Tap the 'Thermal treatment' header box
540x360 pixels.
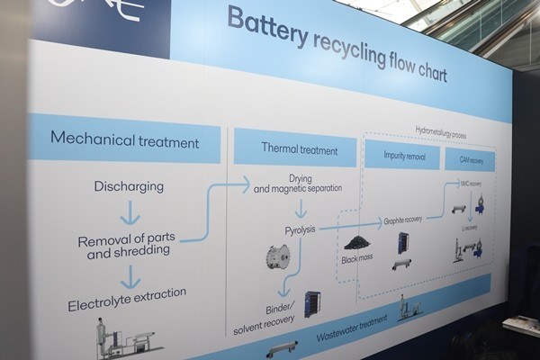point(298,148)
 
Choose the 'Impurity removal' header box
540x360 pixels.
point(401,156)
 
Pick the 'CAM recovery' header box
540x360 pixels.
point(470,160)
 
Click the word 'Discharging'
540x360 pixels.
point(129,187)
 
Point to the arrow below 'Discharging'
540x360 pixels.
point(130,213)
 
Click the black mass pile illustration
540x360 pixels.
point(357,242)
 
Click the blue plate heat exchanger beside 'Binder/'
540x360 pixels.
point(311,302)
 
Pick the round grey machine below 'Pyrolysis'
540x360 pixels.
point(277,256)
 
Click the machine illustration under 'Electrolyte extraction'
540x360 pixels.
point(127,337)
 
